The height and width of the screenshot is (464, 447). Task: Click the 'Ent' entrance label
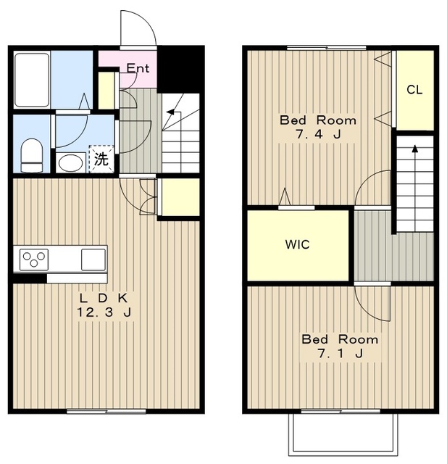138,68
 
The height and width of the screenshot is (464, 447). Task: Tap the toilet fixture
32,155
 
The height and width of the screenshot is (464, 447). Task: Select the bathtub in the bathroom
32,80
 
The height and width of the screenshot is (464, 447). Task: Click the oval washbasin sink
71,162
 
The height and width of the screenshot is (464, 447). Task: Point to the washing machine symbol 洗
101,159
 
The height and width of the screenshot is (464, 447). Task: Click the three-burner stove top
34,260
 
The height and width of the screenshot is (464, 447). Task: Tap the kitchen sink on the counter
93,260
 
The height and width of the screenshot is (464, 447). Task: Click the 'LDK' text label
104,298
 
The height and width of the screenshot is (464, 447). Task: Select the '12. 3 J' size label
104,312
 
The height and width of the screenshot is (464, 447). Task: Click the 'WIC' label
298,244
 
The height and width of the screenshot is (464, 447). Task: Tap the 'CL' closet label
414,89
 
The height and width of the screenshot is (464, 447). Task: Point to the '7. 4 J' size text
318,135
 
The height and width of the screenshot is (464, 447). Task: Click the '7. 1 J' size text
340,353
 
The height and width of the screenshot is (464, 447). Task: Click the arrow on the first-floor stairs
172,112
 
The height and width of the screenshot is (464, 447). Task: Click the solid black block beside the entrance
180,69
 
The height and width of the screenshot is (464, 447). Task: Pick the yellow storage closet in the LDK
180,196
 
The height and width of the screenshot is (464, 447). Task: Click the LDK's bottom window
106,411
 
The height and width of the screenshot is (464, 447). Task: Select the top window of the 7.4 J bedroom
327,48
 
